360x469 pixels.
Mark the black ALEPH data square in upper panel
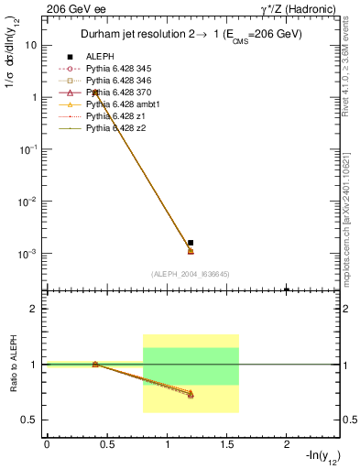191,243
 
